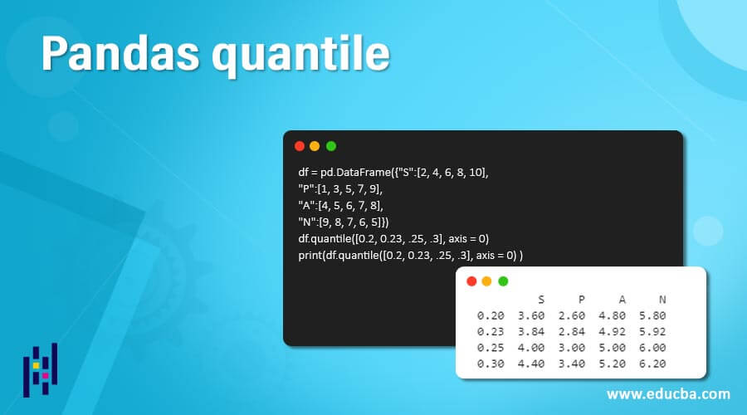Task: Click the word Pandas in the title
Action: coord(120,53)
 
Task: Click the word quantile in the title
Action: coord(301,56)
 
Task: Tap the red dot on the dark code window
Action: coord(300,146)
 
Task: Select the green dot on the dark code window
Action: coord(331,146)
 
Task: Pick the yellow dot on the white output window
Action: coord(487,281)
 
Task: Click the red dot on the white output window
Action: coord(471,281)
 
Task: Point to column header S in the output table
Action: coord(540,300)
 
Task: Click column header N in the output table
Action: coord(662,300)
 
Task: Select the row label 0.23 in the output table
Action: coord(491,332)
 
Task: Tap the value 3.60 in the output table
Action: coord(531,315)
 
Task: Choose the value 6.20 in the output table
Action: coord(652,364)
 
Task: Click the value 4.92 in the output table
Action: coord(613,332)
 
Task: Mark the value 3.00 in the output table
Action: coord(572,348)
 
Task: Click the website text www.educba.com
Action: coord(668,394)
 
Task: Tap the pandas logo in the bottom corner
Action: coord(41,369)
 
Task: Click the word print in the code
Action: coord(310,256)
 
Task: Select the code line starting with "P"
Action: coord(340,189)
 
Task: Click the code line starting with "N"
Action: coord(344,222)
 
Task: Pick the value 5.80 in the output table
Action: coord(652,315)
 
